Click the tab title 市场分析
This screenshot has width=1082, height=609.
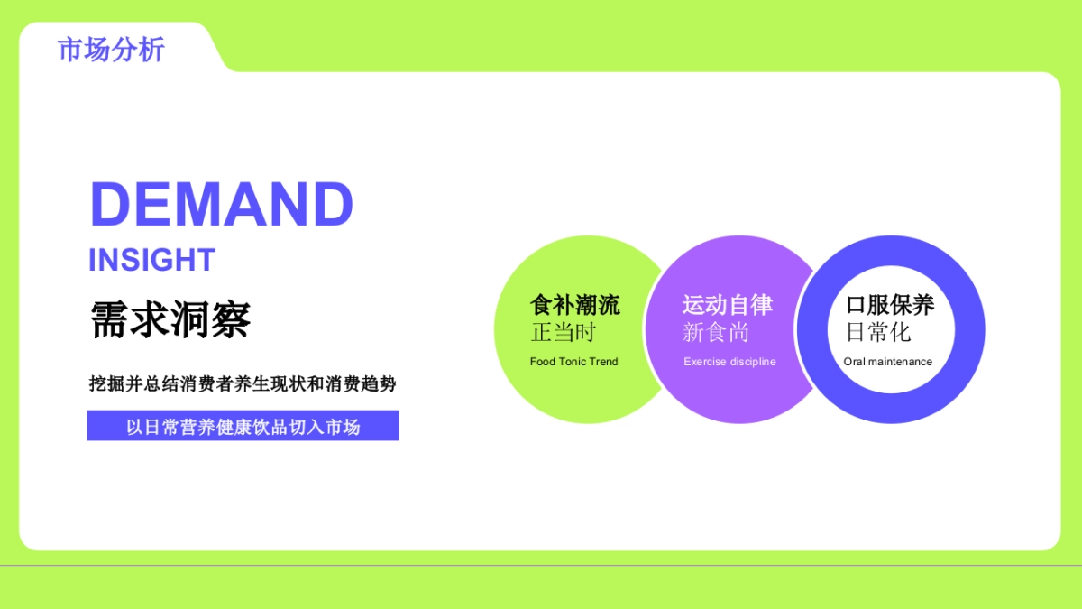[x=111, y=50]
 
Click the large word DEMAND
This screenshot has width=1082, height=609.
[x=222, y=205]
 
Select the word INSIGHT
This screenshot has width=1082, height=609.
[x=151, y=260]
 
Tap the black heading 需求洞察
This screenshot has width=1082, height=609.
[x=170, y=319]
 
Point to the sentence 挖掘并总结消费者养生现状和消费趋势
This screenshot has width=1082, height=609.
[x=243, y=384]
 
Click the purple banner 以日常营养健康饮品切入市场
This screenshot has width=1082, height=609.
[x=243, y=426]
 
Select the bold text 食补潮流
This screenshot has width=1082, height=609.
[x=574, y=305]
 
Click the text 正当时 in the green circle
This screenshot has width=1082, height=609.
[x=564, y=332]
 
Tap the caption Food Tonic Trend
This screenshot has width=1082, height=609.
[x=574, y=362]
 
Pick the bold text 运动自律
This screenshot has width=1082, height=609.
[x=728, y=305]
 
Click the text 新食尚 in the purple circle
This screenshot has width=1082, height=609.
[x=716, y=332]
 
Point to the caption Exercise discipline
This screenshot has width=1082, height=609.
[x=729, y=362]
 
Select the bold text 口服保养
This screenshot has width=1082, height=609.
[x=890, y=305]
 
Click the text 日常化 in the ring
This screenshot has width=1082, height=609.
[x=878, y=332]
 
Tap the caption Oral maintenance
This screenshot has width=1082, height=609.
[x=888, y=362]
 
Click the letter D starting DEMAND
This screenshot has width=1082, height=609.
[x=110, y=205]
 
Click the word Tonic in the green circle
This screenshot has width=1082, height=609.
[x=573, y=362]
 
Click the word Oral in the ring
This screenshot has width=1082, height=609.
[x=854, y=362]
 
